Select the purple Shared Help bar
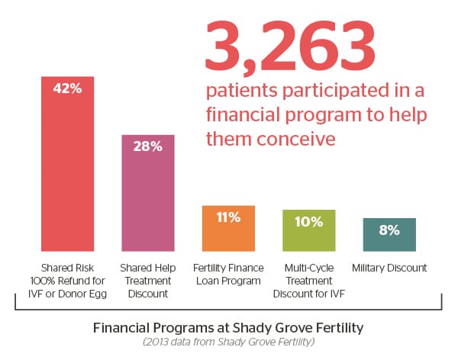click(148, 198)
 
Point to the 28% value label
click(148, 146)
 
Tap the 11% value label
click(228, 217)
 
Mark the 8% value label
click(389, 230)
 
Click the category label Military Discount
click(389, 268)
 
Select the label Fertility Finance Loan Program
click(228, 274)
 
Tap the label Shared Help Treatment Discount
click(148, 280)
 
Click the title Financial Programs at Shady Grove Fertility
click(228, 329)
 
